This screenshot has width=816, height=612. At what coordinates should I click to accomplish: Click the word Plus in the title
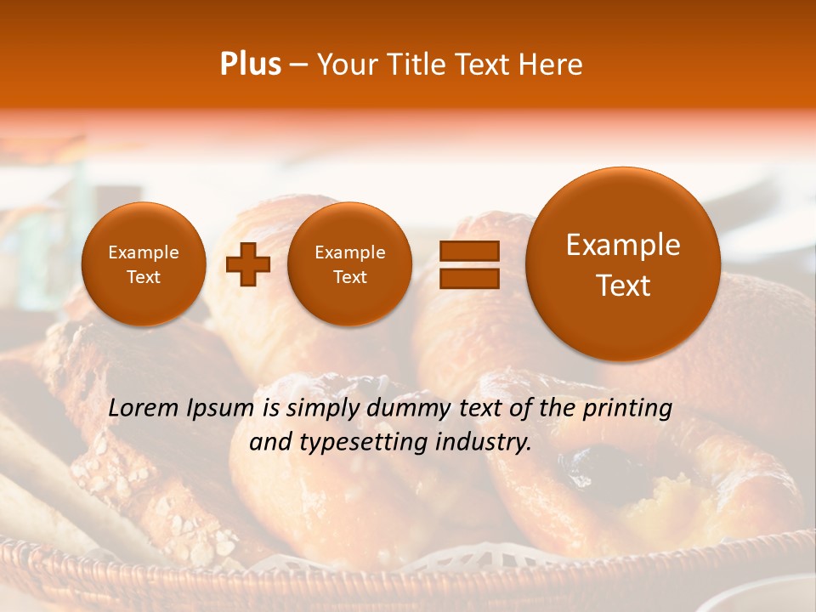click(x=250, y=65)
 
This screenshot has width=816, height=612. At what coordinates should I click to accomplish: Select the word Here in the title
click(x=552, y=65)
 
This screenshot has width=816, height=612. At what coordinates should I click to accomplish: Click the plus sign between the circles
click(x=248, y=264)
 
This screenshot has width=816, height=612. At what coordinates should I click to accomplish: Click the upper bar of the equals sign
click(x=468, y=251)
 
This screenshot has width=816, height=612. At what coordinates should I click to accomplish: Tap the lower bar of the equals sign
click(x=468, y=277)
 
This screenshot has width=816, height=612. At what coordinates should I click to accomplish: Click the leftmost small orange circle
click(x=143, y=264)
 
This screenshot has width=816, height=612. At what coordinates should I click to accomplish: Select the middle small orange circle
click(x=349, y=264)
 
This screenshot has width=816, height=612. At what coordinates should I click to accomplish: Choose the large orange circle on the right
click(x=623, y=264)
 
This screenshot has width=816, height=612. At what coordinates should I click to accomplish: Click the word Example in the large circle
click(x=623, y=245)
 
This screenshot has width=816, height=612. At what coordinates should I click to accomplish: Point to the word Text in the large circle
click(x=623, y=286)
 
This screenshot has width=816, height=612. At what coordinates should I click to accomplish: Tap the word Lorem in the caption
click(x=143, y=409)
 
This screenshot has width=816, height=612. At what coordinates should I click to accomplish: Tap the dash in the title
click(x=298, y=65)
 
